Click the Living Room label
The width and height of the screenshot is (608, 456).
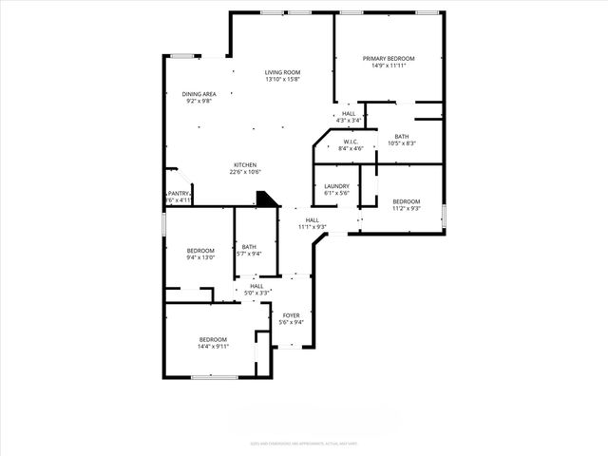click(x=282, y=72)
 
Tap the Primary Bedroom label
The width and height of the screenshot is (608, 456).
click(x=389, y=59)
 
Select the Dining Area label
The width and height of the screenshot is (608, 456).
click(x=199, y=94)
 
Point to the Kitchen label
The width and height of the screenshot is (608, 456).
click(x=245, y=164)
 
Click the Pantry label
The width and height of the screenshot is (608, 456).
click(x=179, y=193)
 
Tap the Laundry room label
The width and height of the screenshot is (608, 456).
click(x=336, y=186)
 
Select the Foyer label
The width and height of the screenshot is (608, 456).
click(x=291, y=314)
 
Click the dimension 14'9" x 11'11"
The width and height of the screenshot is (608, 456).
click(x=389, y=66)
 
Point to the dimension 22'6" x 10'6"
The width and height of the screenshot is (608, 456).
click(x=245, y=172)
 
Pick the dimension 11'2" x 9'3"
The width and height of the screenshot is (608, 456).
click(x=406, y=209)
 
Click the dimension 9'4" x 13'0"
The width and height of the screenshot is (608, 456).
click(x=200, y=257)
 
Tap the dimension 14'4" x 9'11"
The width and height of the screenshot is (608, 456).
click(x=213, y=347)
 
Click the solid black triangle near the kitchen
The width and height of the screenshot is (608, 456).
click(x=267, y=199)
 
